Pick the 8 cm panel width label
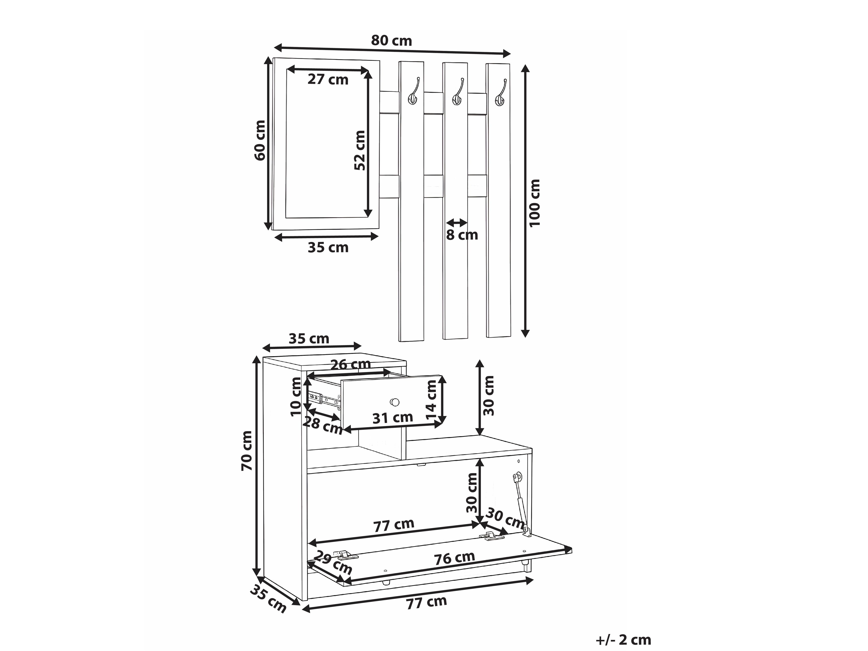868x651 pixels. pyautogui.click(x=462, y=235)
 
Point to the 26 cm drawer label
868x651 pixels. pyautogui.click(x=350, y=364)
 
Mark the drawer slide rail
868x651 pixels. pyautogui.click(x=325, y=399)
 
